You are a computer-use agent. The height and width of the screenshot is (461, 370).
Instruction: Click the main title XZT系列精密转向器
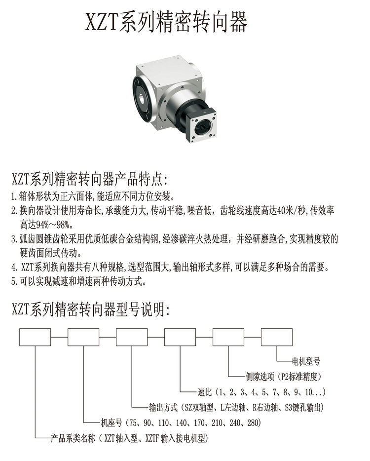point(166,22)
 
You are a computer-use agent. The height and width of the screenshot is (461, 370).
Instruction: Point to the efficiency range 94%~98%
point(45,225)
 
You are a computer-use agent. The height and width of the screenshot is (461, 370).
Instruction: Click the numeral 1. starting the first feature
point(14,196)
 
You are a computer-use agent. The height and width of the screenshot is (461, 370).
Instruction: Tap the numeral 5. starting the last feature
point(15,282)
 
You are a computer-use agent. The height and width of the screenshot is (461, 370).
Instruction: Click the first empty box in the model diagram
point(35,337)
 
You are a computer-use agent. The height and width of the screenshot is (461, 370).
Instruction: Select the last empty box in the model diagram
point(277,337)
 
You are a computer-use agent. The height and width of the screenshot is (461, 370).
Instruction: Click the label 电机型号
point(306,361)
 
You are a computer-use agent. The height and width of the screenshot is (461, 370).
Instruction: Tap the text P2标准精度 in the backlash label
point(300,376)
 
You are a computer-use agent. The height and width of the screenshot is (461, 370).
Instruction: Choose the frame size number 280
point(253,423)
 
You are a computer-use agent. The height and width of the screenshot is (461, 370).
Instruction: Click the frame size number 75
point(133,423)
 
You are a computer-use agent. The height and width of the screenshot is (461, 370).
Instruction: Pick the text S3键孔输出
point(304,407)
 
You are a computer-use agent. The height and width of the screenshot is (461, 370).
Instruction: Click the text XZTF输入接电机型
point(176,438)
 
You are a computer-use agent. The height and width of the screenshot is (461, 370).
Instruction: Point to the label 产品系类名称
point(73,438)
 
